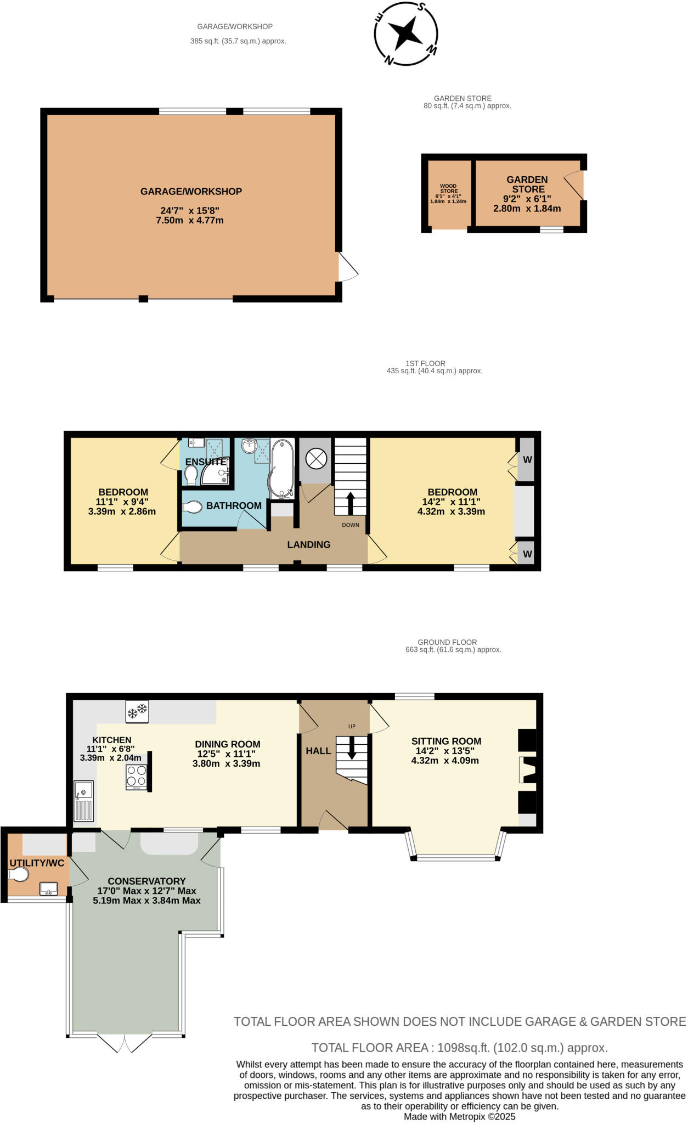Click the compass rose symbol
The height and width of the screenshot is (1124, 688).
(x=406, y=33)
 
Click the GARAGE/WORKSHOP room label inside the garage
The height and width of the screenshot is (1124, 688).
(x=191, y=192)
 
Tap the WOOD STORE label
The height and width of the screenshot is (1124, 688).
(x=448, y=189)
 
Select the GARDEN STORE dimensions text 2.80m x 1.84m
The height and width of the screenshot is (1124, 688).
(x=527, y=209)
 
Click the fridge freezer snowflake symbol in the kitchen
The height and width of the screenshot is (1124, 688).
(x=137, y=711)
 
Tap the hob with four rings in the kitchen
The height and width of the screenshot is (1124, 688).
(x=136, y=775)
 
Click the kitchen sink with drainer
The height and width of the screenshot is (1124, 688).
(x=84, y=802)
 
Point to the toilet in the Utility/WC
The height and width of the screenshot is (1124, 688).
(x=19, y=874)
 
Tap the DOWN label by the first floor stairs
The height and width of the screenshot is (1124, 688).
(x=351, y=525)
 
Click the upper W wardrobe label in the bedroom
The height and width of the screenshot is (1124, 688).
(x=527, y=460)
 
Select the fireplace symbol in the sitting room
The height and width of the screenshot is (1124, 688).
(x=527, y=770)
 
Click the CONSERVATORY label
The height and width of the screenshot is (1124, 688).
(x=146, y=881)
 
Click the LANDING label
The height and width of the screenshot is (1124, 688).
(x=309, y=544)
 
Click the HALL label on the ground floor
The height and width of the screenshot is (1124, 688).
(x=318, y=751)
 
